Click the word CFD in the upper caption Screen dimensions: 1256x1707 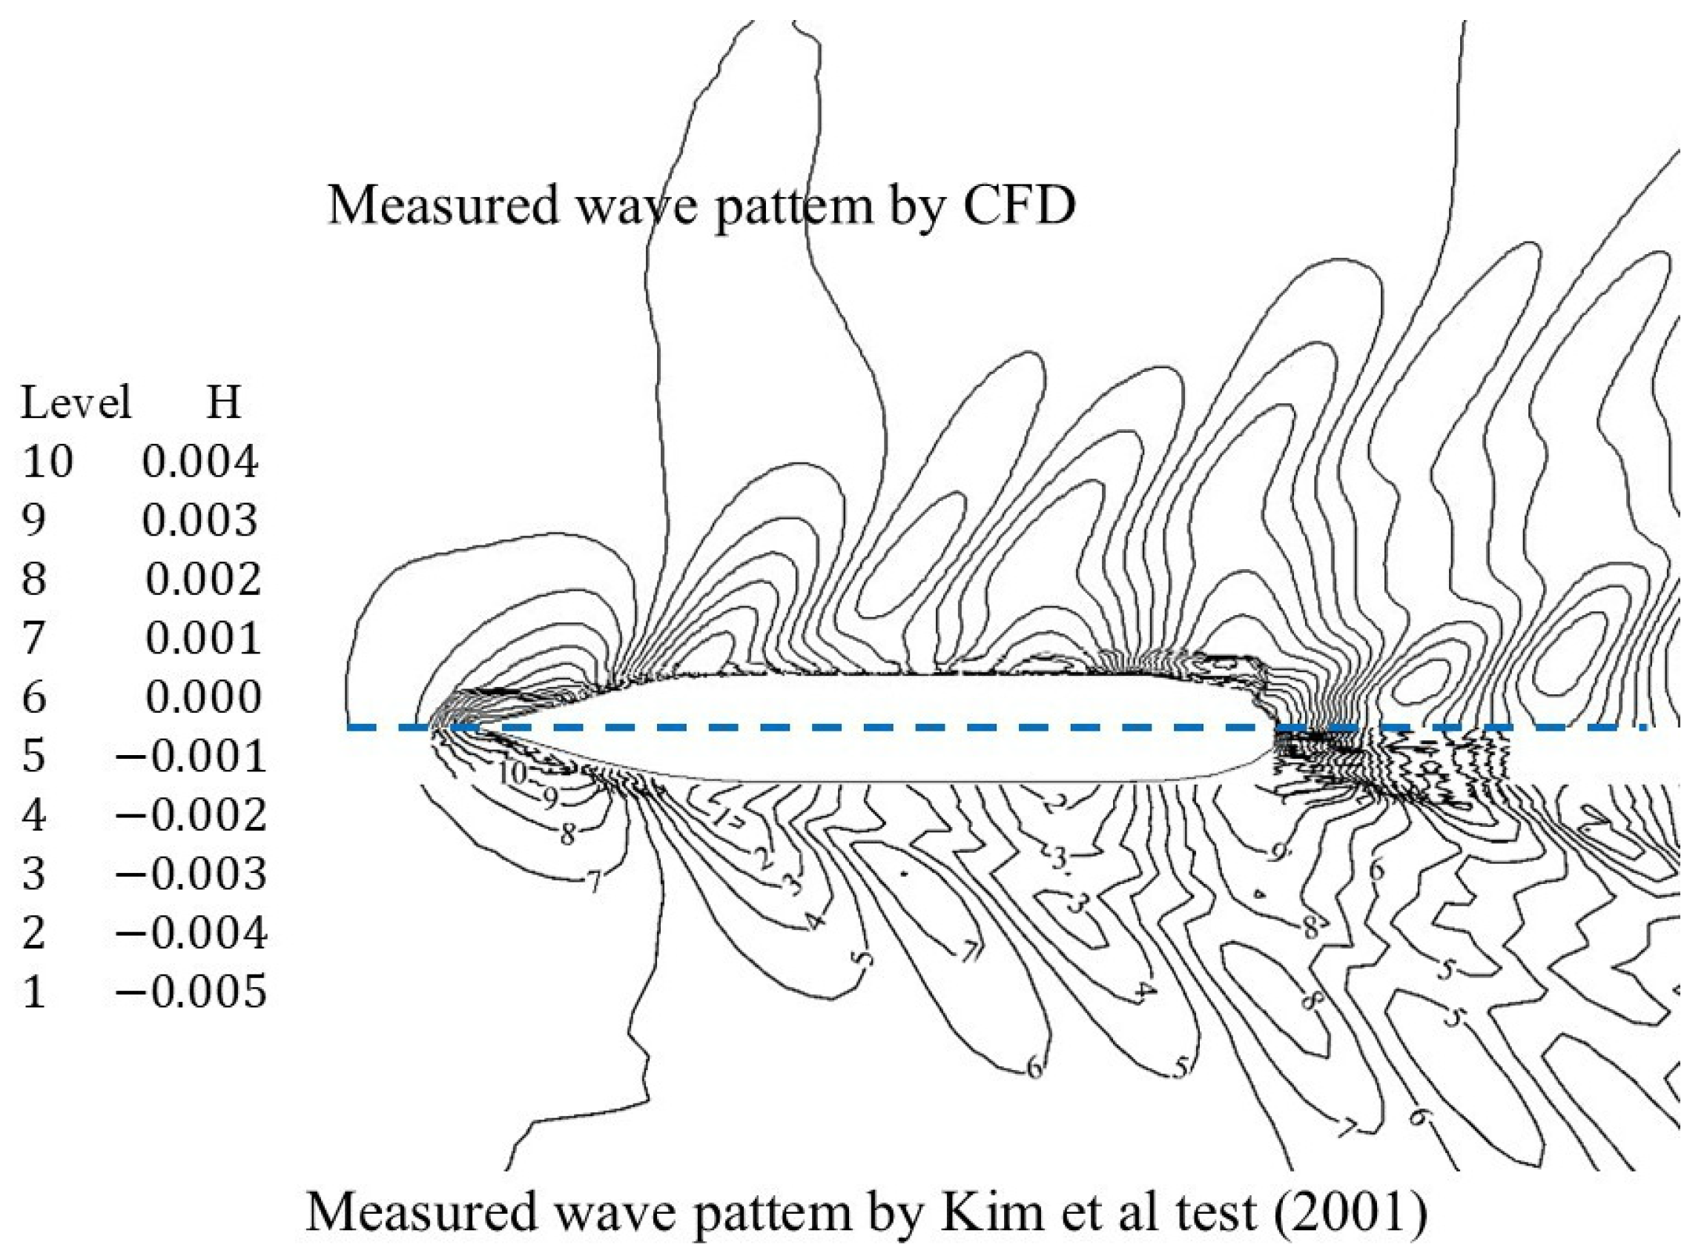(1019, 205)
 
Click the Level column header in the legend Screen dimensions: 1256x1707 (76, 402)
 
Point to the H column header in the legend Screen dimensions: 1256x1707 (224, 402)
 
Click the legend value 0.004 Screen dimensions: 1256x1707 (200, 462)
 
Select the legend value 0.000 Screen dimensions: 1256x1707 (203, 697)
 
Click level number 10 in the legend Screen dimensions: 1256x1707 (47, 462)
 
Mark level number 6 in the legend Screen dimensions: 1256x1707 (33, 697)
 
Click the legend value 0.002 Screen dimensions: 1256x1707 (203, 579)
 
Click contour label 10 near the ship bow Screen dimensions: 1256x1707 (512, 773)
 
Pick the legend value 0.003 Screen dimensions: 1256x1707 (200, 521)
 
